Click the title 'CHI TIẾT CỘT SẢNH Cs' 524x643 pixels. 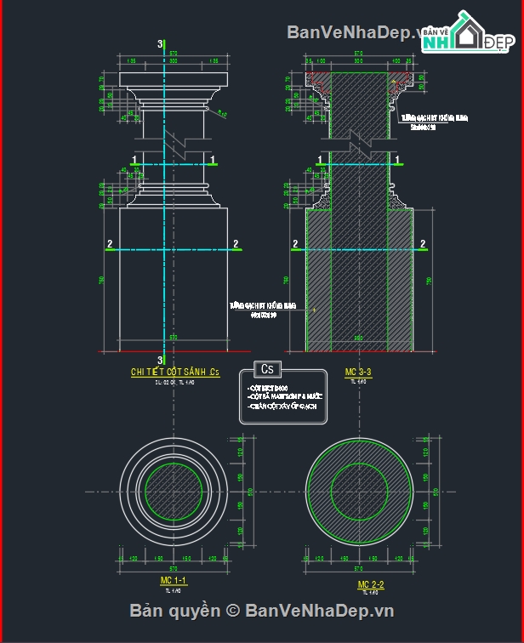[x=174, y=372]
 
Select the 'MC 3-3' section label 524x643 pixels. [x=358, y=372]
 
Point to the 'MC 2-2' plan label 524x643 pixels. [x=371, y=584]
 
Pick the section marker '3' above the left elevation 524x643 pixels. [x=160, y=43]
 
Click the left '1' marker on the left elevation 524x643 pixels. [x=134, y=159]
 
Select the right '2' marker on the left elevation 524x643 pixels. [x=236, y=244]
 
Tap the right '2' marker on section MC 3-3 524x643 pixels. [x=423, y=244]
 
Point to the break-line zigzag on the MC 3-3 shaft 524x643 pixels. [x=361, y=139]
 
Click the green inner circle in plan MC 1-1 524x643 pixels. [x=174, y=491]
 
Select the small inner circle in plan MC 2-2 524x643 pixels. [x=360, y=491]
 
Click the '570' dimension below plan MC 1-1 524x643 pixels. [x=174, y=567]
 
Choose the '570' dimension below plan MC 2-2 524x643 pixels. [x=360, y=567]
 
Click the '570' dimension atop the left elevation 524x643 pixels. [x=173, y=54]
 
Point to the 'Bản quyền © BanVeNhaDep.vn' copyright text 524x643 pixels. [x=261, y=611]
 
